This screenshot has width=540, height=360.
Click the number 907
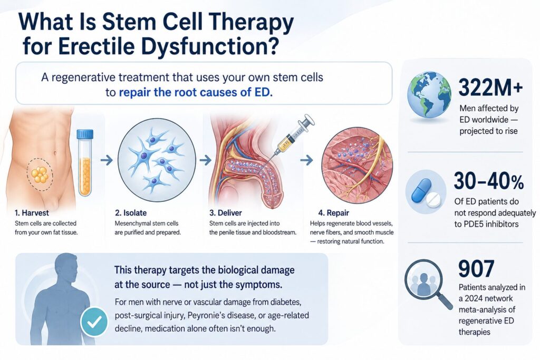click(476, 269)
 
